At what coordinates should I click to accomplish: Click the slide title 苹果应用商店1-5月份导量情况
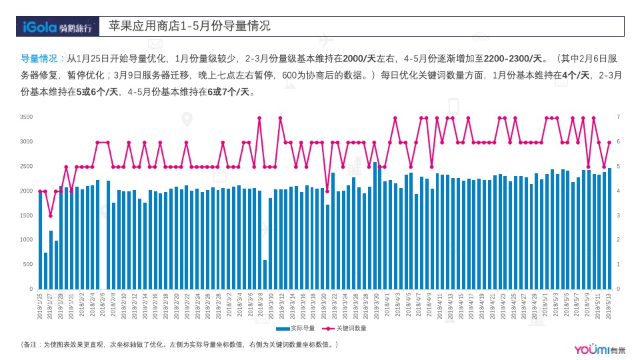pyautogui.click(x=190, y=26)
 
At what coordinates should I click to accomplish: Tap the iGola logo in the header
pyautogui.click(x=57, y=27)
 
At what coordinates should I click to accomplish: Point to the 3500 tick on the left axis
pyautogui.click(x=27, y=117)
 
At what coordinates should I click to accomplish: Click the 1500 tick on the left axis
pyautogui.click(x=27, y=215)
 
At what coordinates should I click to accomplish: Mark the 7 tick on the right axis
pyautogui.click(x=618, y=117)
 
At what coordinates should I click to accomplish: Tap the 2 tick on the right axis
pyautogui.click(x=618, y=240)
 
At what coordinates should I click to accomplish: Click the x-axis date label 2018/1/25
pyautogui.click(x=40, y=306)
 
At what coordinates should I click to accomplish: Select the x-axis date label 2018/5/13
pyautogui.click(x=609, y=306)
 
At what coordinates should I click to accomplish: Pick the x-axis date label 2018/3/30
pyautogui.click(x=375, y=306)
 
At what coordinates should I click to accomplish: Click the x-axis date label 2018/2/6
pyautogui.click(x=103, y=306)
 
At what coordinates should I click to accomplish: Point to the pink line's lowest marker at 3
pyautogui.click(x=50, y=216)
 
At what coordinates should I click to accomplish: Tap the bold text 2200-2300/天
pyautogui.click(x=513, y=58)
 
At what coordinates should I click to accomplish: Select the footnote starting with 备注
pyautogui.click(x=180, y=345)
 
